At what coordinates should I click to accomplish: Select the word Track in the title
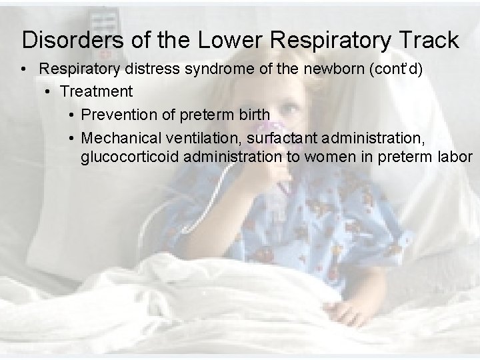[x=429, y=40]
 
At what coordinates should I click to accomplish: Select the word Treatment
[x=97, y=91]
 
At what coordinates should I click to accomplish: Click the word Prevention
[x=117, y=115]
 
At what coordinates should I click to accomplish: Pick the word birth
[x=253, y=115]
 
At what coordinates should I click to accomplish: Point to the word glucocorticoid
[x=129, y=158]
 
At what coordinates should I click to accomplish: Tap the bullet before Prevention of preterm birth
[x=71, y=115]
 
